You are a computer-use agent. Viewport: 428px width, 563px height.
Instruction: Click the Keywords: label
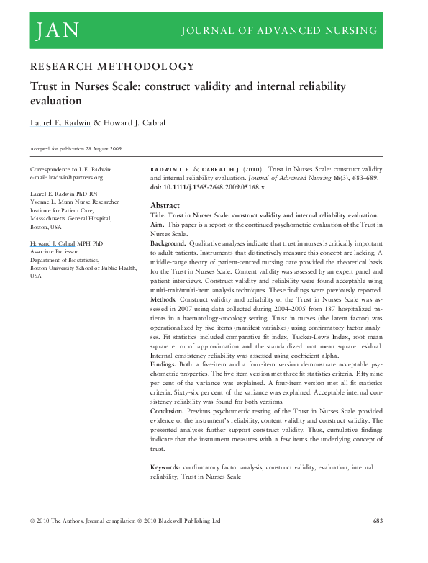[167, 467]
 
